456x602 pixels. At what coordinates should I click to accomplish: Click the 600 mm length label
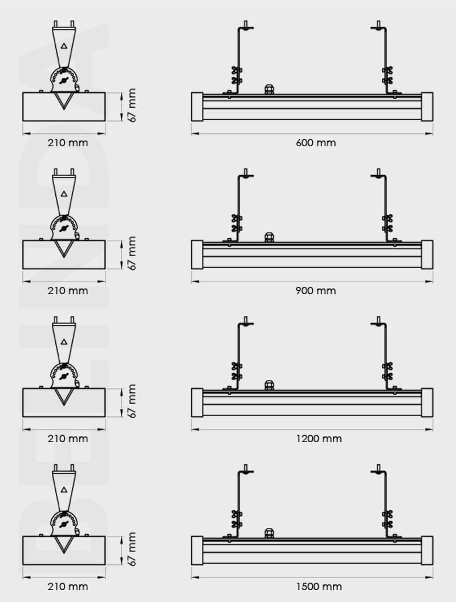315,143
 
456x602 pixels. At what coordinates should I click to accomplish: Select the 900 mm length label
315,291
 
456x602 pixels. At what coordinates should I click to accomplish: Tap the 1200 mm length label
315,439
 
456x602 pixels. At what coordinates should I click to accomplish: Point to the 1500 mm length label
315,587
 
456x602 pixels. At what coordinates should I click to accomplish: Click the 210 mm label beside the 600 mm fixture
67,143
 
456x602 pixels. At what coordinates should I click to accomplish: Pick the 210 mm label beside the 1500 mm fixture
67,587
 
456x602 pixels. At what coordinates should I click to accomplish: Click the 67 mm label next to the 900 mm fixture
132,254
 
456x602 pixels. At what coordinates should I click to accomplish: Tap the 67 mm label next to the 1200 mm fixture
132,402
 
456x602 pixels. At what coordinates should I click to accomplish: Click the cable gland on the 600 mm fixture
269,89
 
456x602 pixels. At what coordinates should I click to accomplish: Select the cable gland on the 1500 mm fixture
269,533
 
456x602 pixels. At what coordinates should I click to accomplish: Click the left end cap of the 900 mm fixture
197,254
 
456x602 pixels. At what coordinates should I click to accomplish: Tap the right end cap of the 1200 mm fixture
427,402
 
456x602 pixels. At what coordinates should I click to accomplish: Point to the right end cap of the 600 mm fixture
427,106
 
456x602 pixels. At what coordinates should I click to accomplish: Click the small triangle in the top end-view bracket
64,46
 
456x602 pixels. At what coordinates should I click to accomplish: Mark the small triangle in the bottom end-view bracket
64,489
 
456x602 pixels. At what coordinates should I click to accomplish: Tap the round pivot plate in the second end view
64,228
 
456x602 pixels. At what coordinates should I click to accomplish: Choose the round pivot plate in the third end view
64,376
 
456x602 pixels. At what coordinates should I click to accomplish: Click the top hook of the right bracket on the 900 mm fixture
378,174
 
